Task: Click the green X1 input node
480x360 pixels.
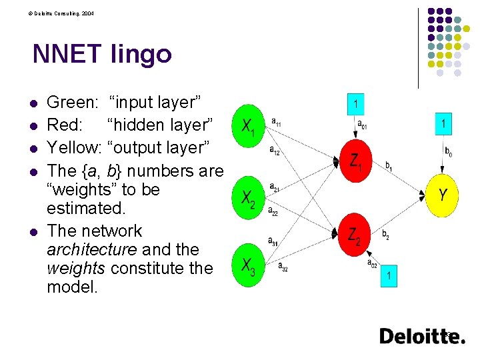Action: pyautogui.click(x=248, y=125)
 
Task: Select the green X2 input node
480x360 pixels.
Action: pyautogui.click(x=248, y=197)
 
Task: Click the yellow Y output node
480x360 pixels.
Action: pyautogui.click(x=443, y=195)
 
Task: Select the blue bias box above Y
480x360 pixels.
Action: pyautogui.click(x=444, y=123)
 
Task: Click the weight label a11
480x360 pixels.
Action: pyautogui.click(x=276, y=122)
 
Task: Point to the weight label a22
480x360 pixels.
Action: pyautogui.click(x=273, y=213)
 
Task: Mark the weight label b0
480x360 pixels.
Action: pyautogui.click(x=449, y=153)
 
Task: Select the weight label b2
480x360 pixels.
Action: pyautogui.click(x=386, y=234)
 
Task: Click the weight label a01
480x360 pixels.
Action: pyautogui.click(x=361, y=124)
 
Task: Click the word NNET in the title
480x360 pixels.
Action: pyautogui.click(x=67, y=54)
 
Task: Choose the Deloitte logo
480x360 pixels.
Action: pyautogui.click(x=422, y=336)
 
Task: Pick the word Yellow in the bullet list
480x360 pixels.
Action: pyautogui.click(x=73, y=147)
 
